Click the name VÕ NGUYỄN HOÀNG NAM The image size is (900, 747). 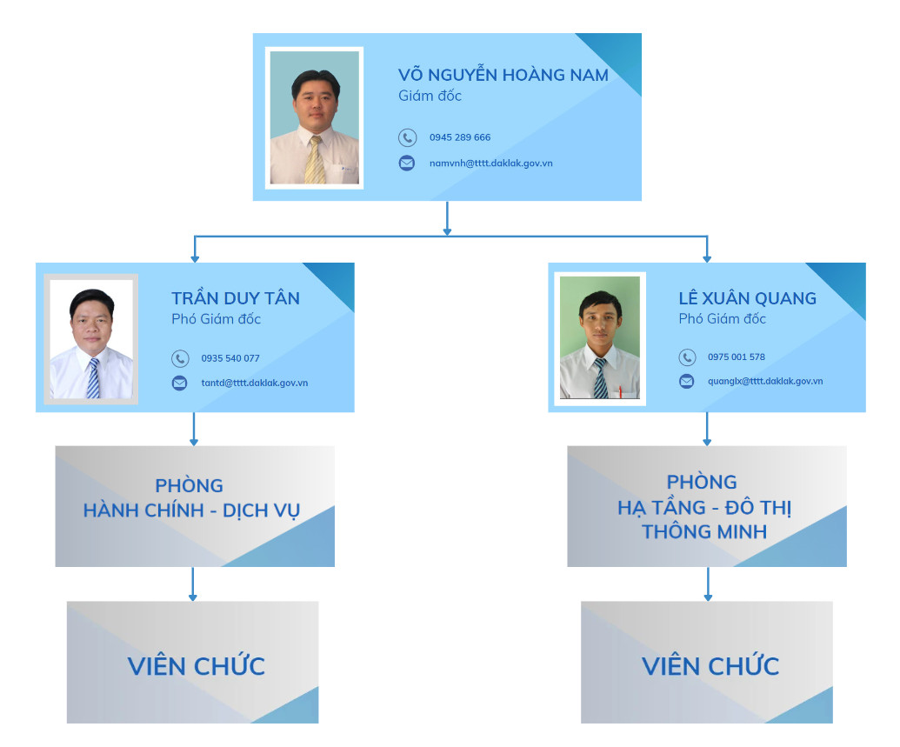tap(503, 75)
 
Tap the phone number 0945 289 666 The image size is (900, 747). tap(460, 137)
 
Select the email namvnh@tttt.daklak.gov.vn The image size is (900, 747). tap(490, 163)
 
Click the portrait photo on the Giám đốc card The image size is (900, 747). tap(315, 117)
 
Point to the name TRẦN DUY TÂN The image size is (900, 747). tap(236, 298)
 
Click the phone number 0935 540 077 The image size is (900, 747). tap(230, 358)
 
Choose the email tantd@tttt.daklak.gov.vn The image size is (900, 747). tap(254, 383)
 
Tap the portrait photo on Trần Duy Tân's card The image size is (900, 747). tap(91, 339)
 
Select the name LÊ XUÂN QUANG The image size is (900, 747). tap(747, 298)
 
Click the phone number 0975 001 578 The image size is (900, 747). tap(737, 357)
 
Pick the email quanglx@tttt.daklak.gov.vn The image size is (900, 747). tap(765, 381)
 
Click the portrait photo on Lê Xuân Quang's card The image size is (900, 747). tap(599, 337)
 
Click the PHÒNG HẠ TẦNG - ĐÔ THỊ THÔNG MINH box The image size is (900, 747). tap(706, 506)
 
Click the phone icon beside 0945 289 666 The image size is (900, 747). tap(407, 137)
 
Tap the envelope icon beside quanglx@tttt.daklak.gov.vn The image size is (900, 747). tap(687, 381)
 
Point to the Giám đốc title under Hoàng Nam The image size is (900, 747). tap(430, 96)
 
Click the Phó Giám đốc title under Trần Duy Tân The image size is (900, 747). tap(216, 319)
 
